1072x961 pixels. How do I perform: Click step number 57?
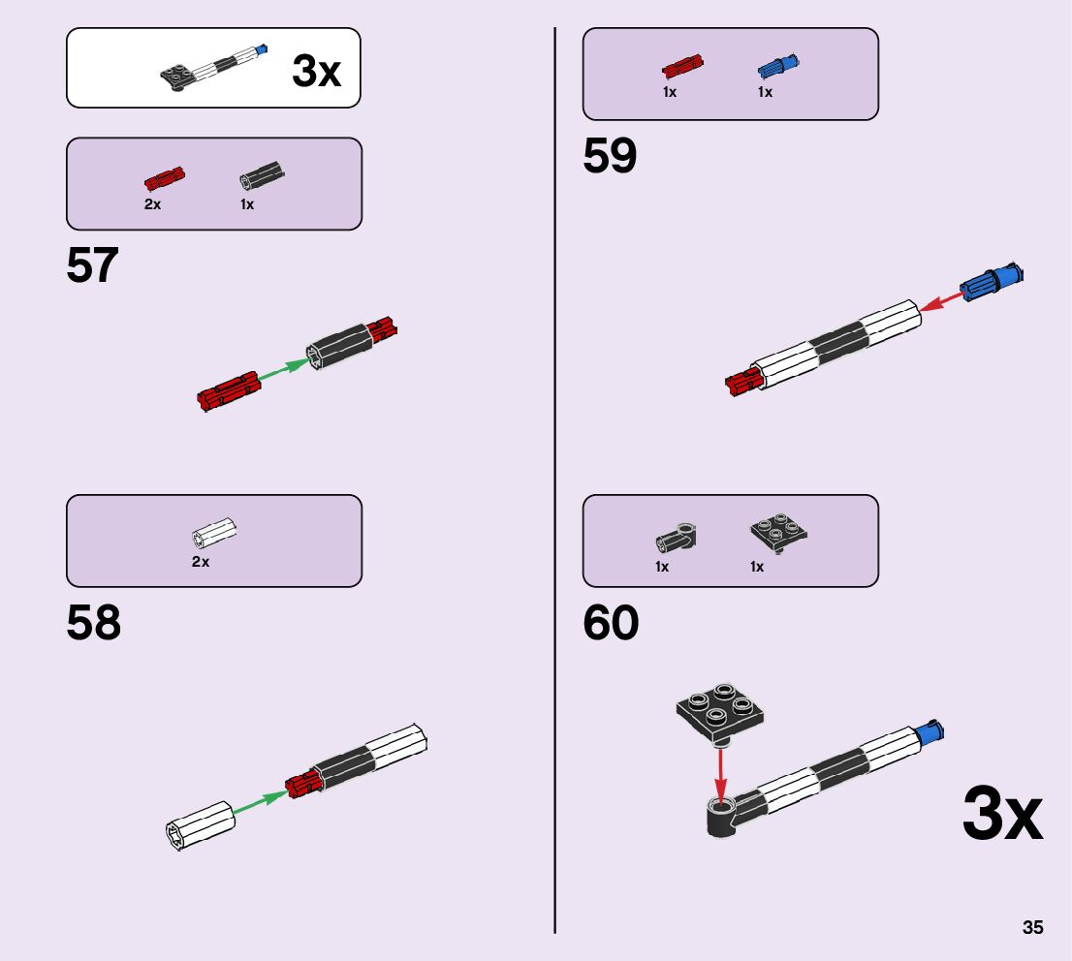point(92,265)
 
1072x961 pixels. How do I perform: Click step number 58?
point(94,624)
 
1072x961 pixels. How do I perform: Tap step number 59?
point(610,157)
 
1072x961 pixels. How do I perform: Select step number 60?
point(611,624)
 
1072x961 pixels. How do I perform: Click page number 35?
point(1032,927)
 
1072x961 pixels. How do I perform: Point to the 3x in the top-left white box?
point(316,72)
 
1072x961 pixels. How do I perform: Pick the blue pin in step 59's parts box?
point(777,67)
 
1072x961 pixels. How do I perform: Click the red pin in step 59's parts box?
point(681,67)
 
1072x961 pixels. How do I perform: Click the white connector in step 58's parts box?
point(214,533)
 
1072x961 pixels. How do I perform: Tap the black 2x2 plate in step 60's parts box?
point(778,533)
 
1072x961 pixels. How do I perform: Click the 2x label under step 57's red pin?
point(152,204)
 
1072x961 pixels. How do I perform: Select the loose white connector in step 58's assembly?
point(199,825)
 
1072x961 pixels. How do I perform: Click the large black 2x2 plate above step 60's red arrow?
point(720,711)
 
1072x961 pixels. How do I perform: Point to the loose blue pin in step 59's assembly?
point(991,280)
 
